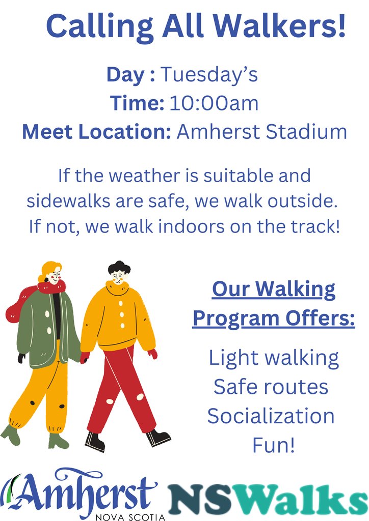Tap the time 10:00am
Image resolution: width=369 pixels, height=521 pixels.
pyautogui.click(x=214, y=103)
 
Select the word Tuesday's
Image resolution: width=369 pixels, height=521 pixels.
pyautogui.click(x=209, y=75)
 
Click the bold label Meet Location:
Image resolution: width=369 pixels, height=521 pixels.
pyautogui.click(x=96, y=132)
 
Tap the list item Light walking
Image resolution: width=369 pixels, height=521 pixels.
pyautogui.click(x=274, y=358)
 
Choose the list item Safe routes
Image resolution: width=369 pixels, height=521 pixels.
pyautogui.click(x=271, y=387)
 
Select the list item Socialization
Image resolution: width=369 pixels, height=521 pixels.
pyautogui.click(x=271, y=416)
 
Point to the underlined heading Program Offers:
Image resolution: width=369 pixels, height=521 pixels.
pyautogui.click(x=273, y=319)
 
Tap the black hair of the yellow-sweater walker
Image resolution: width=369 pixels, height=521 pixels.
pyautogui.click(x=119, y=267)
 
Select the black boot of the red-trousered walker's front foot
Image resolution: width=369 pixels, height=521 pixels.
pyautogui.click(x=159, y=436)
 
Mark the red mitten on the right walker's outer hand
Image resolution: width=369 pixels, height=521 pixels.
pyautogui.click(x=153, y=354)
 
